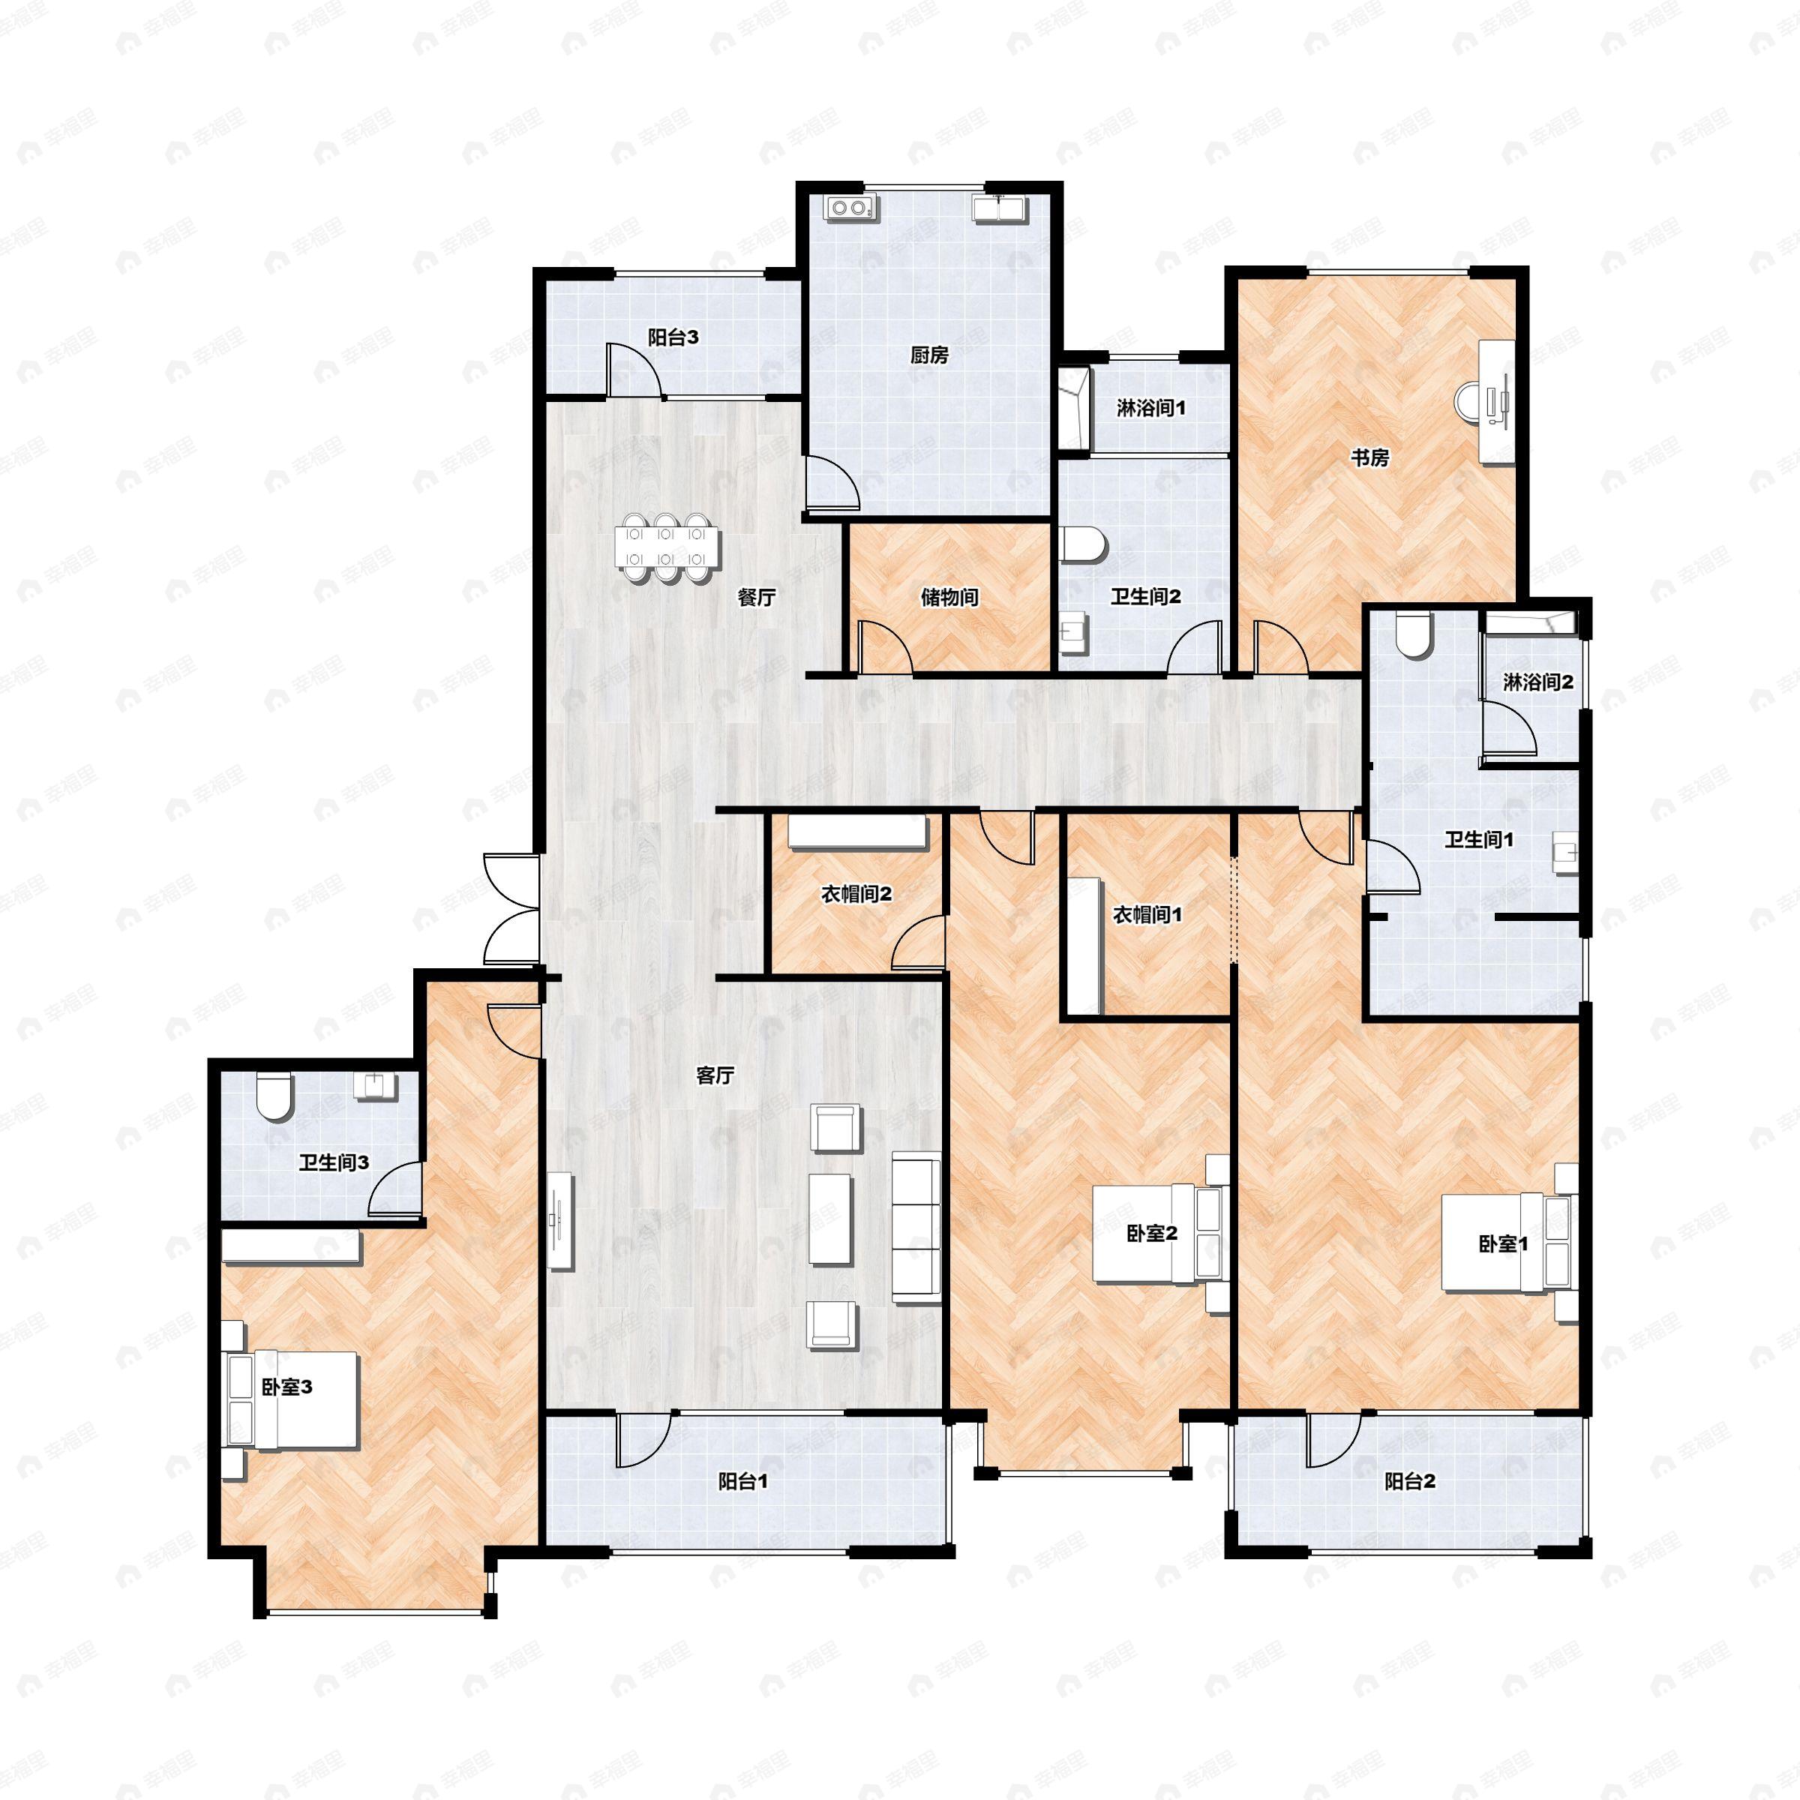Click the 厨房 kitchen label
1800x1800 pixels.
929,355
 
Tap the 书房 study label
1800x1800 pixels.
1370,457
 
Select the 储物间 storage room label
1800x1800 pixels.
949,597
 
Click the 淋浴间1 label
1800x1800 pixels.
1150,407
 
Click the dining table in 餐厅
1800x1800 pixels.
666,547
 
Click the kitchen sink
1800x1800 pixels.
1000,207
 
